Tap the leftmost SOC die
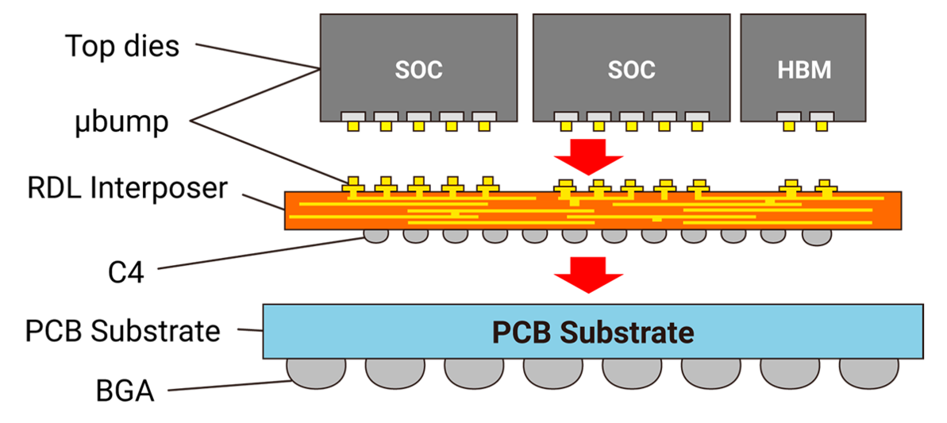(x=418, y=67)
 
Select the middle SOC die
(x=631, y=67)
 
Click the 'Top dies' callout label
(x=122, y=46)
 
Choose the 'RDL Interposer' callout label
(x=128, y=188)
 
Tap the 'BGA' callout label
(x=125, y=391)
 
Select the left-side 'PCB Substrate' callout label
(x=122, y=331)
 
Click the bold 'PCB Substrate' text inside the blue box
(x=592, y=333)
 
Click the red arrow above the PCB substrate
(x=588, y=275)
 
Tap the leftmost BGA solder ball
(x=316, y=373)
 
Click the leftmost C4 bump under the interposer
(x=376, y=236)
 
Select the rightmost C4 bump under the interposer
(x=817, y=237)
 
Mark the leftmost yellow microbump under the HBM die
(x=789, y=126)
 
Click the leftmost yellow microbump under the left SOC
(x=352, y=126)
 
